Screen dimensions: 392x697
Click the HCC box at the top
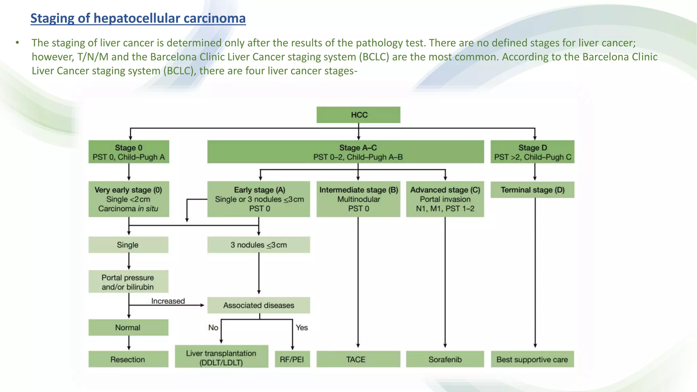[x=358, y=115]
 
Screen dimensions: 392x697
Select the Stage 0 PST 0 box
[x=129, y=152]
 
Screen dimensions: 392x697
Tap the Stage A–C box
[x=345, y=152]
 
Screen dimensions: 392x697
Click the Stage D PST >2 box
[x=532, y=152]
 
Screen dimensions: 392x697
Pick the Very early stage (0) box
[x=129, y=199]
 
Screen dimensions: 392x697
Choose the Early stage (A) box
[x=259, y=199]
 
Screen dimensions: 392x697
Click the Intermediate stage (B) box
[x=358, y=199]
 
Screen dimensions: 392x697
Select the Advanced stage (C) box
[x=445, y=199]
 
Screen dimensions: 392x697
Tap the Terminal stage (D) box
[x=532, y=190]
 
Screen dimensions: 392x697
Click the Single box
[x=128, y=245]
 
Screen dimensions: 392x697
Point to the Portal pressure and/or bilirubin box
[x=128, y=282]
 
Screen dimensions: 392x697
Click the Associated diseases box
[x=259, y=305]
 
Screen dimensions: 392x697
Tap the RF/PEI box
[x=292, y=359]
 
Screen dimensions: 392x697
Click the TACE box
[x=358, y=359]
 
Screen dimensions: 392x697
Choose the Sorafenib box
[x=445, y=359]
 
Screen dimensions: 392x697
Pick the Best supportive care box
[x=532, y=359]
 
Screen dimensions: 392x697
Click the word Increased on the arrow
[x=168, y=301]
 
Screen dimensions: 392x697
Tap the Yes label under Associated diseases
[x=302, y=328]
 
